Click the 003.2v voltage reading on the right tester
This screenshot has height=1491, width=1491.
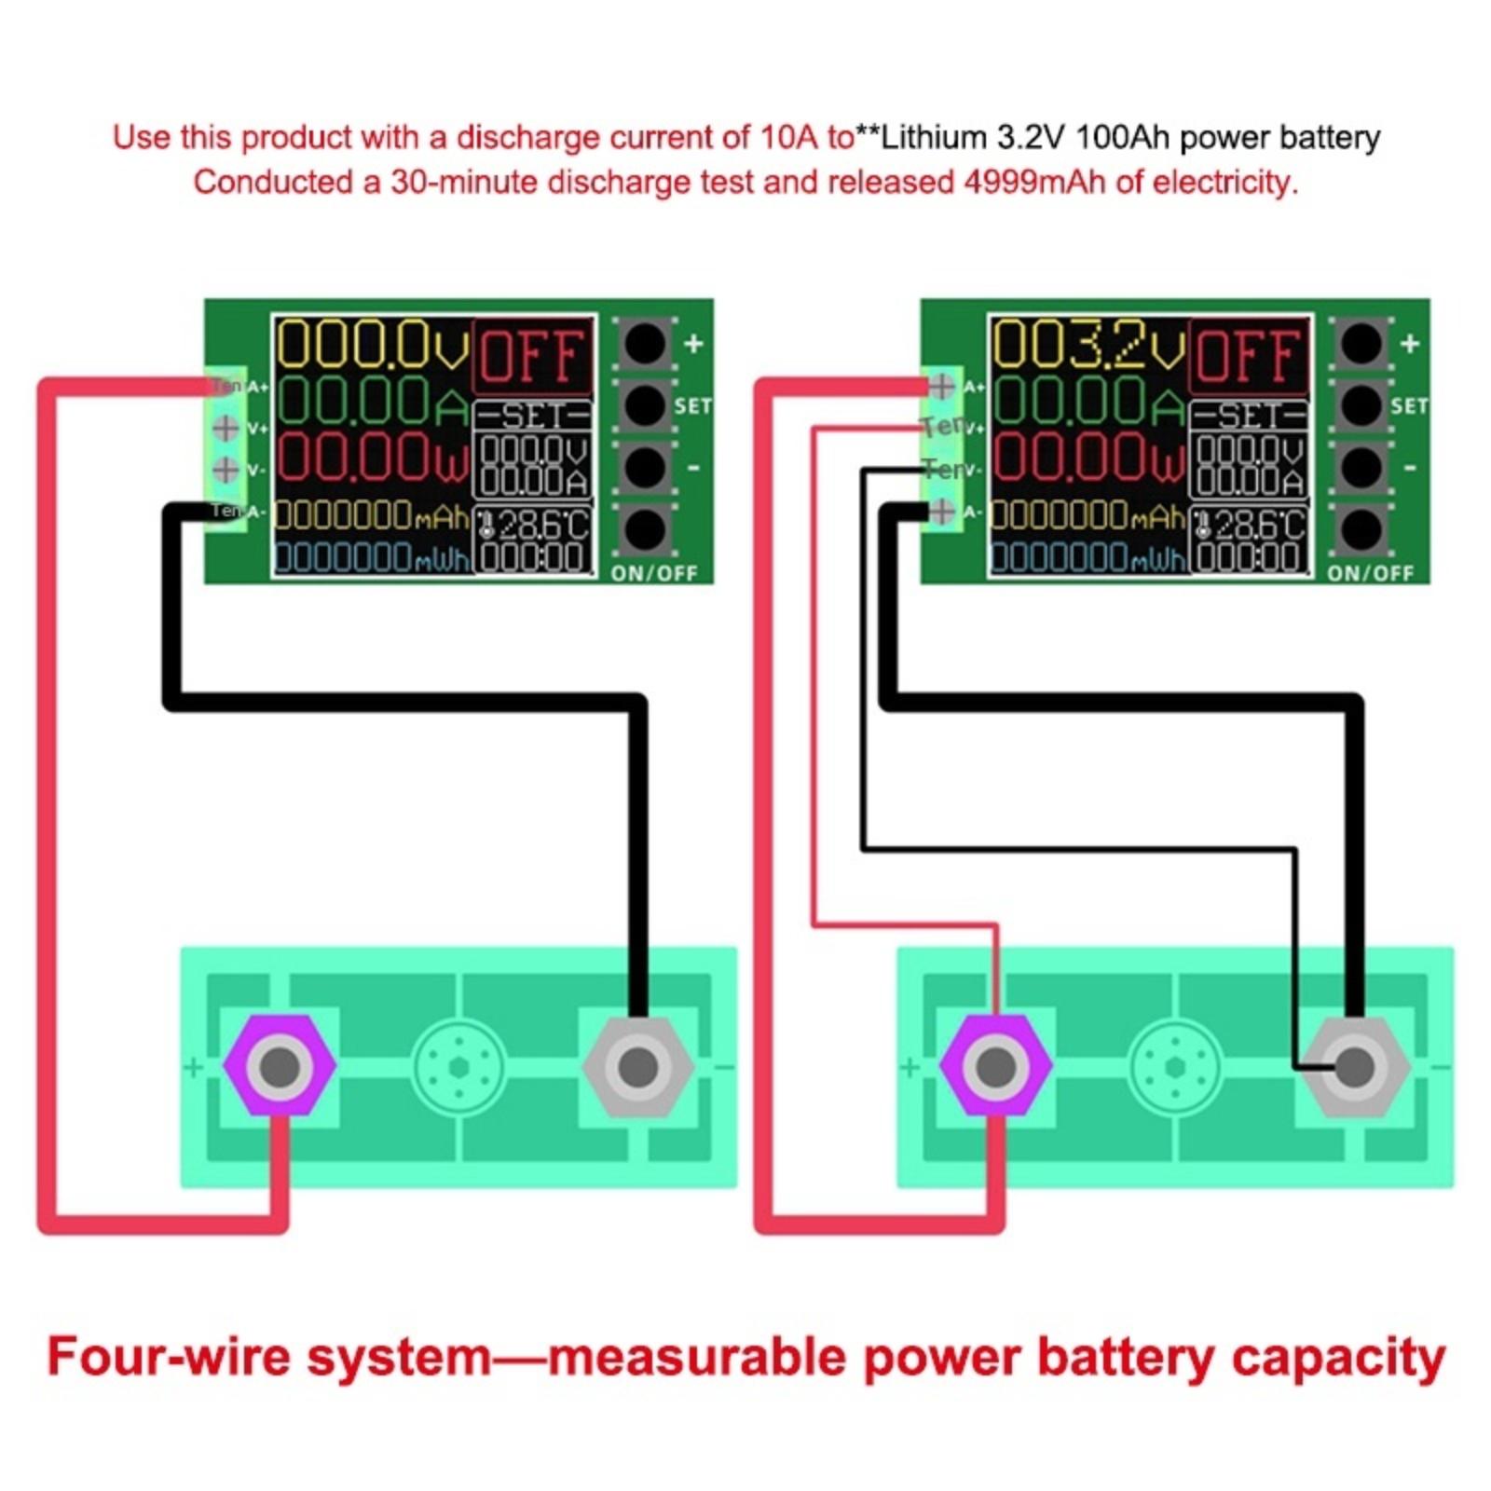pyautogui.click(x=1086, y=345)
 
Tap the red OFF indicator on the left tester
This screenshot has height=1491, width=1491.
pyautogui.click(x=533, y=356)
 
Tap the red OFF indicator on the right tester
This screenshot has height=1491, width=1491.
pyautogui.click(x=1249, y=356)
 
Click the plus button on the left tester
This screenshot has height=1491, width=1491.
pyautogui.click(x=645, y=344)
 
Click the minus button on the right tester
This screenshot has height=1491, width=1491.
pyautogui.click(x=1361, y=467)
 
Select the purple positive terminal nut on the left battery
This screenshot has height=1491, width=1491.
pyautogui.click(x=280, y=1066)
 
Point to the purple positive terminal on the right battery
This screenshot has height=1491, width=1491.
pyautogui.click(x=995, y=1066)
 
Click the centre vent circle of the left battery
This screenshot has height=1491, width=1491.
pyautogui.click(x=458, y=1066)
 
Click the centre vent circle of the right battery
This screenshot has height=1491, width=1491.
pyautogui.click(x=1175, y=1066)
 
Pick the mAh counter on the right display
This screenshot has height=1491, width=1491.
pyautogui.click(x=1087, y=515)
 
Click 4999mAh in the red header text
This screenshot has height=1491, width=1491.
pyautogui.click(x=1034, y=182)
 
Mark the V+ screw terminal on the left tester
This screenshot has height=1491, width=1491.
pyautogui.click(x=226, y=428)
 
